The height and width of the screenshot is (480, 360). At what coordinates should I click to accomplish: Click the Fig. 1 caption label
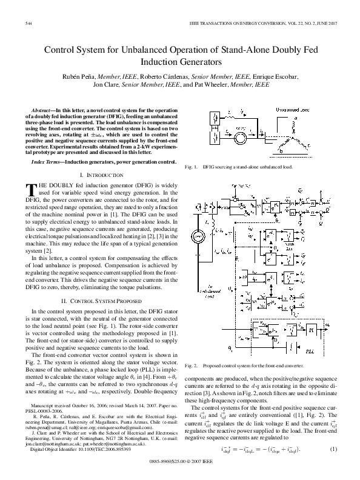193,166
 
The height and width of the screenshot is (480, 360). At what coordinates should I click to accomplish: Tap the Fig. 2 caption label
193,366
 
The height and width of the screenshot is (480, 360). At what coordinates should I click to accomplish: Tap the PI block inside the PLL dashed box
312,331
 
